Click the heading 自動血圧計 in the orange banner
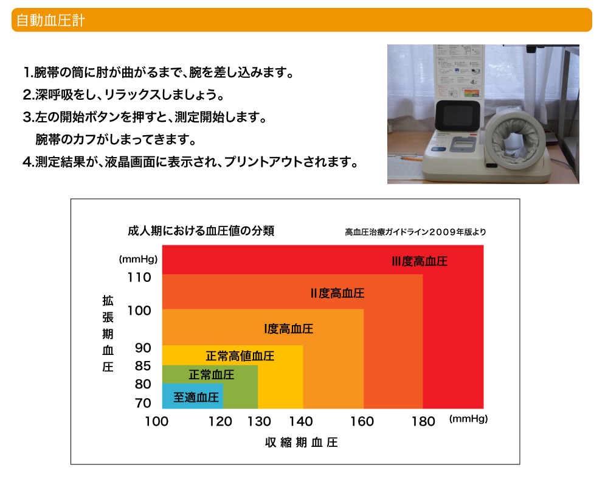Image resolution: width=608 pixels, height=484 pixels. tap(50, 20)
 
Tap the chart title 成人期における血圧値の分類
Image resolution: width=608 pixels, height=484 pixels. tap(201, 231)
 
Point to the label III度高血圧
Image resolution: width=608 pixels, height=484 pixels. tap(420, 261)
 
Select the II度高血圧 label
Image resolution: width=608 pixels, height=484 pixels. tap(337, 293)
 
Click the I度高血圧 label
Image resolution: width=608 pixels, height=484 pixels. tap(288, 329)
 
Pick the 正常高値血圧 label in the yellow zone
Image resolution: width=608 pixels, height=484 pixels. tap(240, 356)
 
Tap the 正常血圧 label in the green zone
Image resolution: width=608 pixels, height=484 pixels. tap(212, 374)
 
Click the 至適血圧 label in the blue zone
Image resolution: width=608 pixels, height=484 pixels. tap(196, 397)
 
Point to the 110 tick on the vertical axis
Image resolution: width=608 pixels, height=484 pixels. tap(139, 277)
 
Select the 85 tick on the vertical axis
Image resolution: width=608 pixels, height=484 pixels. tap(143, 366)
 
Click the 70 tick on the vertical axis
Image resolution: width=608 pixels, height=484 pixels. tap(143, 403)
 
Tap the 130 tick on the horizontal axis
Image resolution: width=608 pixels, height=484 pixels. tap(259, 421)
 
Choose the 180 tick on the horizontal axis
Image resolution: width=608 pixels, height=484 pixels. tap(423, 421)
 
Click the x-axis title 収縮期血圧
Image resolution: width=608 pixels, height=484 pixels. tap(302, 443)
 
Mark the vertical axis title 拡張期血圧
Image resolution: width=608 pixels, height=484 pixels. tap(108, 334)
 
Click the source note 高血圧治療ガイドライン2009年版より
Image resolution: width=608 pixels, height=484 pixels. tap(415, 232)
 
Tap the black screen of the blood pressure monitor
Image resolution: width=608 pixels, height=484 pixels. tap(458, 115)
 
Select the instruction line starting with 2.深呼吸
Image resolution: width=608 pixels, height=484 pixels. tap(123, 94)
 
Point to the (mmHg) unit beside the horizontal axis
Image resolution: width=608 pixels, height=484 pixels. tap(468, 419)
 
